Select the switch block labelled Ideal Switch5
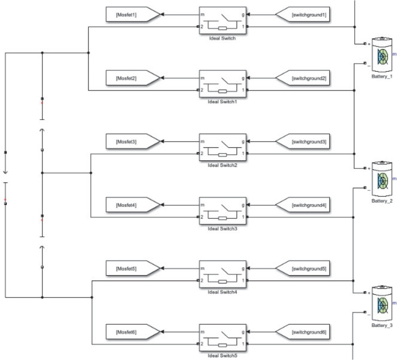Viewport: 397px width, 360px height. (x=222, y=336)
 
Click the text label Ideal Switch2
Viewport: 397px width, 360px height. (x=222, y=164)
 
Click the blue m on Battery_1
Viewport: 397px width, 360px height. (x=395, y=53)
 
